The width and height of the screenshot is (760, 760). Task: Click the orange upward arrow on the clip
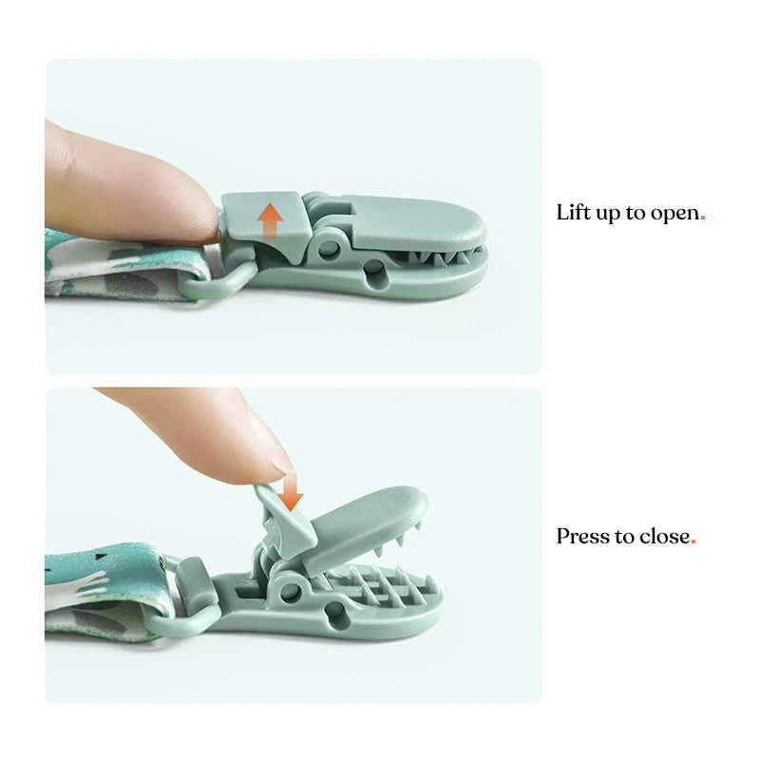pyautogui.click(x=270, y=220)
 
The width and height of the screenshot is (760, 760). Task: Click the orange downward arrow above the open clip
pyautogui.click(x=291, y=492)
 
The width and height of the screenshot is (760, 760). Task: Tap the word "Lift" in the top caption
pyautogui.click(x=573, y=212)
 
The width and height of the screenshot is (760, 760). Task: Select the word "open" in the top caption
pyautogui.click(x=674, y=214)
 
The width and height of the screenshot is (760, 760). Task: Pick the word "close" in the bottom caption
pyautogui.click(x=664, y=536)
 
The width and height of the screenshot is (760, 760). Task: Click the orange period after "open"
pyautogui.click(x=703, y=219)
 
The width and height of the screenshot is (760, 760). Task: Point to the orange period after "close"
pyautogui.click(x=693, y=542)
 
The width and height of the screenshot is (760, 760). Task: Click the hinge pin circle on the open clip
pyautogui.click(x=290, y=590)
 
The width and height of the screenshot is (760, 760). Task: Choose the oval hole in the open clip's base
pyautogui.click(x=335, y=613)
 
